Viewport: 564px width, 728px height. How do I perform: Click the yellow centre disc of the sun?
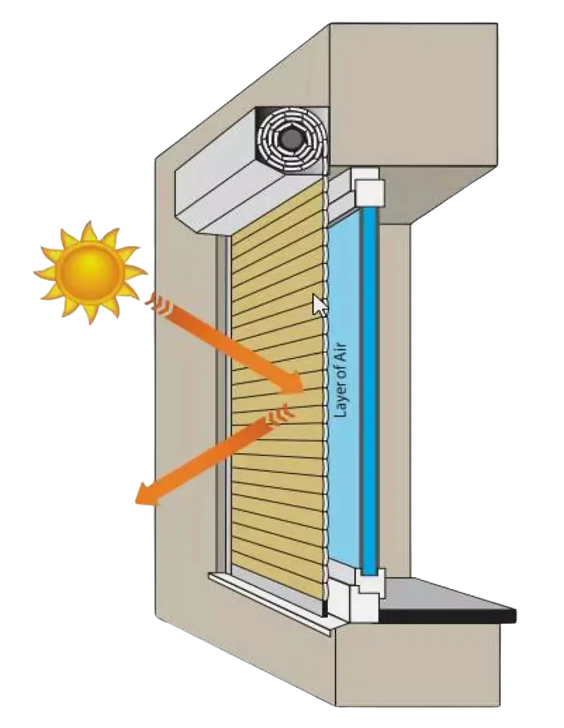(89, 271)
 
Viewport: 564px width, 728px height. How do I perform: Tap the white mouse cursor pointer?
(319, 305)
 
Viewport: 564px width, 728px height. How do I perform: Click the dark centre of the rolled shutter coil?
(289, 140)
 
